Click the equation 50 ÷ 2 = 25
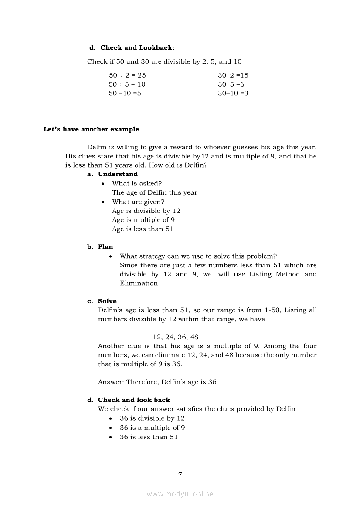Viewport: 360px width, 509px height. point(127,75)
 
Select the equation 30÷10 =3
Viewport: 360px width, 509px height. point(233,94)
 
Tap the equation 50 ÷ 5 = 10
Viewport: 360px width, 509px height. point(127,84)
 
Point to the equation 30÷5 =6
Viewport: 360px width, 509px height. point(231,84)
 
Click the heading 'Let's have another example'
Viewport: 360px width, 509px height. point(91,129)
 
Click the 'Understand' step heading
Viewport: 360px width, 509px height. point(118,174)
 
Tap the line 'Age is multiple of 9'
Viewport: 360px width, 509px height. point(143,220)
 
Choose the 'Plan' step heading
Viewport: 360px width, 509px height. point(105,247)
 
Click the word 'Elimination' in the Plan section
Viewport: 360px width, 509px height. point(139,283)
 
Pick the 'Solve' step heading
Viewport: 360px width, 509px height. point(107,301)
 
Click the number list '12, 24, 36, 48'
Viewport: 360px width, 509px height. point(176,337)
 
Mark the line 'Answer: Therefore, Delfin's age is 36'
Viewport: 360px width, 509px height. point(157,382)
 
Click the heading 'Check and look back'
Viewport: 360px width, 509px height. point(134,400)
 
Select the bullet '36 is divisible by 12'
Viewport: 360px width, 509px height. point(152,418)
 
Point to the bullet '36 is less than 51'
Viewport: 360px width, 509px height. point(149,437)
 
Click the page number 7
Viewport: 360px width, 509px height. point(180,475)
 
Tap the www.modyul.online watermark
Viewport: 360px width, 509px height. point(180,494)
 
